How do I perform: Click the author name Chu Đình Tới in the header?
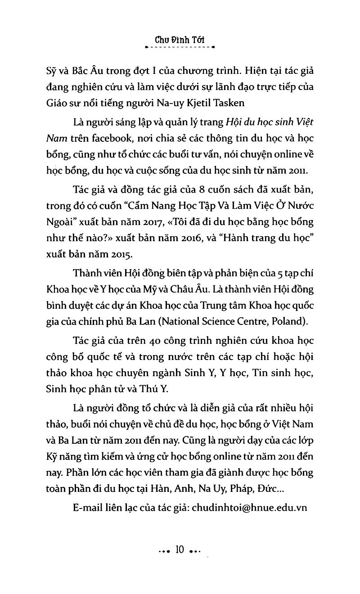180,39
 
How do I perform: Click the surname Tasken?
243,103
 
